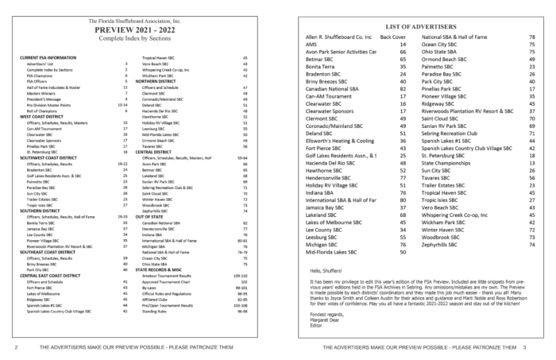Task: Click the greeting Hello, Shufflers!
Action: point(327,272)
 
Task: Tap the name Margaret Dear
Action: point(325,319)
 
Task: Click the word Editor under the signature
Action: point(315,325)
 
